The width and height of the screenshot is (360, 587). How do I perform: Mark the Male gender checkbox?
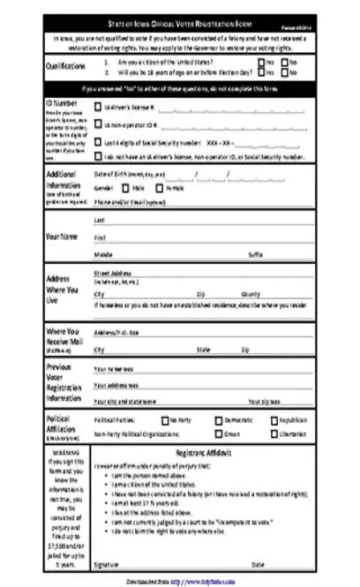(x=122, y=188)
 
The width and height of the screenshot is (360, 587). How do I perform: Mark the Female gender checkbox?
(x=160, y=188)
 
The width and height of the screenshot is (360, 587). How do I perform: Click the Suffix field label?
(x=256, y=254)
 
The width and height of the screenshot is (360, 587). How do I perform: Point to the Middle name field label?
(x=102, y=254)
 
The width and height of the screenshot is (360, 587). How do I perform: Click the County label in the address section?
(x=251, y=293)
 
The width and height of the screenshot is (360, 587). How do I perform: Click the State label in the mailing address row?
(x=204, y=350)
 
